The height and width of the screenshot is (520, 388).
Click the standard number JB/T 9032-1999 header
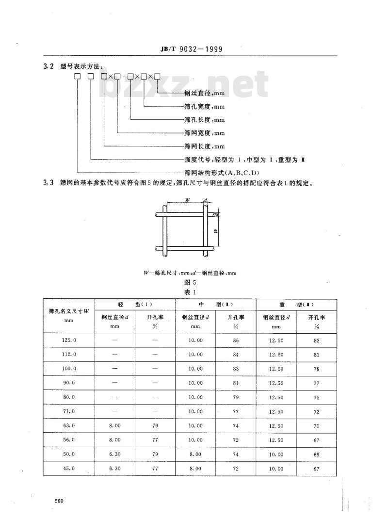[x=192, y=49]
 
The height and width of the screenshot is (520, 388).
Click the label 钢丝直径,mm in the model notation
[x=204, y=93]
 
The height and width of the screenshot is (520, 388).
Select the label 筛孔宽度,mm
[x=204, y=106]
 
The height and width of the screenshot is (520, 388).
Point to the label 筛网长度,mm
[x=204, y=146]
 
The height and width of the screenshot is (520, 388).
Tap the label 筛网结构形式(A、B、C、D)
[x=222, y=173]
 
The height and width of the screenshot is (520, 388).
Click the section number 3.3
[x=48, y=183]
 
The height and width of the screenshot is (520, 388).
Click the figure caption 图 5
[x=190, y=282]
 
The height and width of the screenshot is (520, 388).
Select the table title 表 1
[x=190, y=292]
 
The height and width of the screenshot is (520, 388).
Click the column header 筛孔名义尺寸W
[x=69, y=311]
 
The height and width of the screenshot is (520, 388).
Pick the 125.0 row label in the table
[x=69, y=340]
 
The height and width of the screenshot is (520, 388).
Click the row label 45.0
[x=69, y=469]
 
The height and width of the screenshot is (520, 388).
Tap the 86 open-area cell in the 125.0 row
[x=236, y=340]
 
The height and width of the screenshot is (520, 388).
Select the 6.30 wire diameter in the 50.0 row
[x=115, y=455]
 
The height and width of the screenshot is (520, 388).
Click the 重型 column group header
[x=296, y=305]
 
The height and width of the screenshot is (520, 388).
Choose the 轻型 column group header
[x=135, y=305]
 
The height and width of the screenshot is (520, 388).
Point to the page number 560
[x=59, y=501]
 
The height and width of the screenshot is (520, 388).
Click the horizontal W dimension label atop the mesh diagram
[x=187, y=200]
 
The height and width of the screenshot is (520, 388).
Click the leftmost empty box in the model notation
[x=77, y=77]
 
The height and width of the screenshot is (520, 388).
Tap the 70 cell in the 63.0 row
[x=316, y=426]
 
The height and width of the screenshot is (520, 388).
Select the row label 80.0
[x=69, y=397]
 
